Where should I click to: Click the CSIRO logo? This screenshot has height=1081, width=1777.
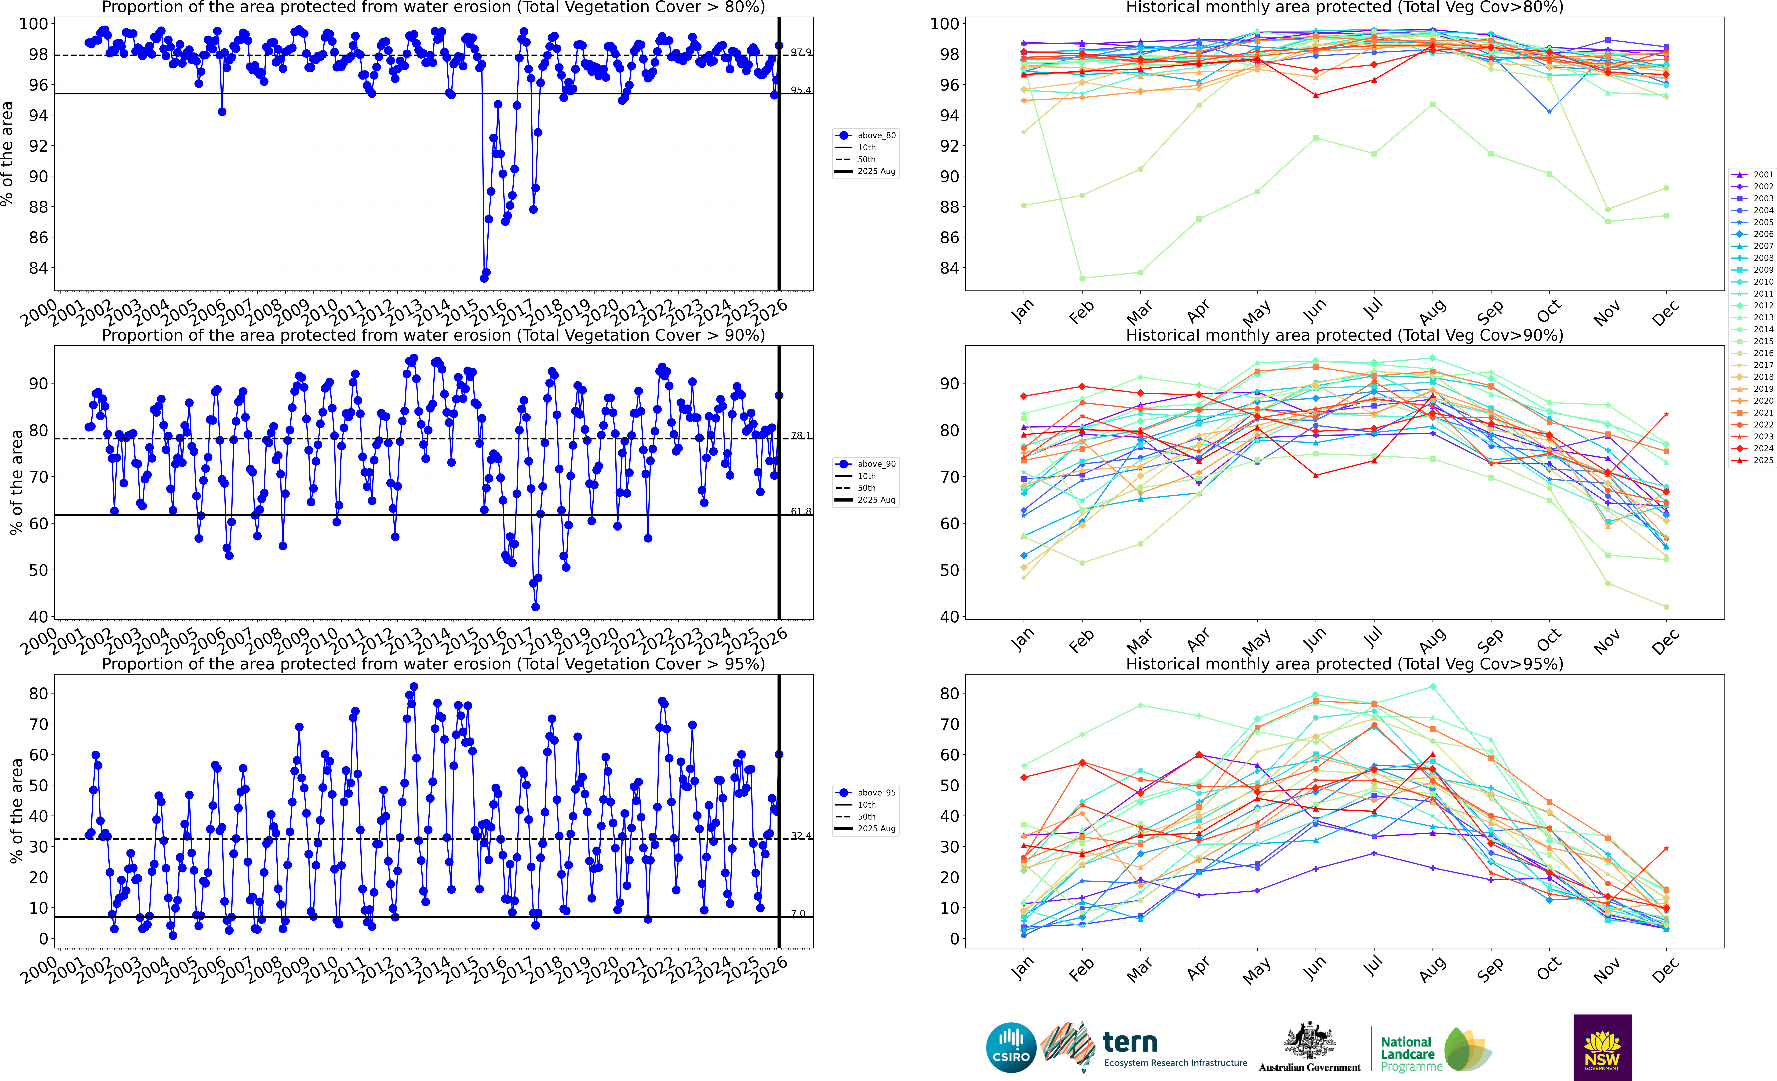1011,1047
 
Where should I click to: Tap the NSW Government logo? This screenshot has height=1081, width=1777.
1602,1047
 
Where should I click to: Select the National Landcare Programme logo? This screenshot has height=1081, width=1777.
1435,1050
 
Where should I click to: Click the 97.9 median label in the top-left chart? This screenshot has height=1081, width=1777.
800,52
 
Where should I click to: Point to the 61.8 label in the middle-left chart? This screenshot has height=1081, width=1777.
800,511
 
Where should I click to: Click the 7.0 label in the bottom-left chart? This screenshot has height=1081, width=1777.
798,913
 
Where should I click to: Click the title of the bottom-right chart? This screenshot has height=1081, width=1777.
1344,664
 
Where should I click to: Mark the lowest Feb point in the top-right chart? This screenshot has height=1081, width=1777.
1082,278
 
